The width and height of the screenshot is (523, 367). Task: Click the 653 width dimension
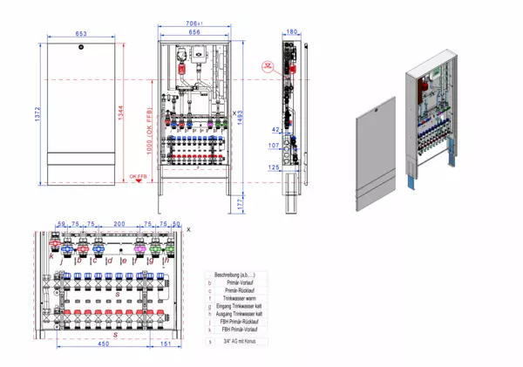(80, 33)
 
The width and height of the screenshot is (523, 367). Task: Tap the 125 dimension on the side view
(272, 167)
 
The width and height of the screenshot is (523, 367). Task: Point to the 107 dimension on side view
(272, 146)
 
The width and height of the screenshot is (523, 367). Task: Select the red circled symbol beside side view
(267, 66)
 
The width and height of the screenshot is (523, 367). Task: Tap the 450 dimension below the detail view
(103, 344)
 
